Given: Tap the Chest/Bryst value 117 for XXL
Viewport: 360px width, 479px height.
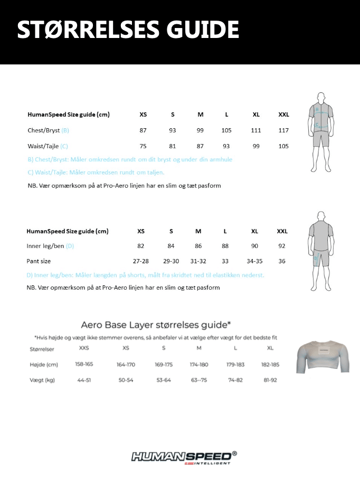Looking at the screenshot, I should pos(283,130).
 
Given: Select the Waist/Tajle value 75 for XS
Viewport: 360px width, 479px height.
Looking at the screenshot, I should pos(143,146).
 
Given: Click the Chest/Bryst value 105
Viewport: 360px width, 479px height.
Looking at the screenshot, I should pos(226,130).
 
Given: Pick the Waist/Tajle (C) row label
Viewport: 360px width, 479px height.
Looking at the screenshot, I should pos(48,146).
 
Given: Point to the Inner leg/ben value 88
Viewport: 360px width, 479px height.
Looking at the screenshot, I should pos(225,246).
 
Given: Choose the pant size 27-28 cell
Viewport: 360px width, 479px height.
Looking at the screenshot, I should pos(141,261).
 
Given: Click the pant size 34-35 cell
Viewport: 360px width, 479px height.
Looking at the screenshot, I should pos(254,261).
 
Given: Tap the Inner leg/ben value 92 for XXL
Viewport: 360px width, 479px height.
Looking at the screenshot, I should pos(281,246).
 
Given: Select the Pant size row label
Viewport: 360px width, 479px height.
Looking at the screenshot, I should pos(39,261).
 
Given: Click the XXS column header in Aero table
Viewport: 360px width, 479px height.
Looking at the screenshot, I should pos(84,348).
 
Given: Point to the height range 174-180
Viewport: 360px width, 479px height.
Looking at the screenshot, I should pos(199,365).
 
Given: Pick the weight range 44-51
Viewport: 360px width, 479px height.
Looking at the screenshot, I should pos(84,380).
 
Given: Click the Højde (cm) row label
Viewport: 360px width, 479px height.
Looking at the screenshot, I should pos(44,365).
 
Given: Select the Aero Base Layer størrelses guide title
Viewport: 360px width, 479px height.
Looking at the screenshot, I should pos(156,324).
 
